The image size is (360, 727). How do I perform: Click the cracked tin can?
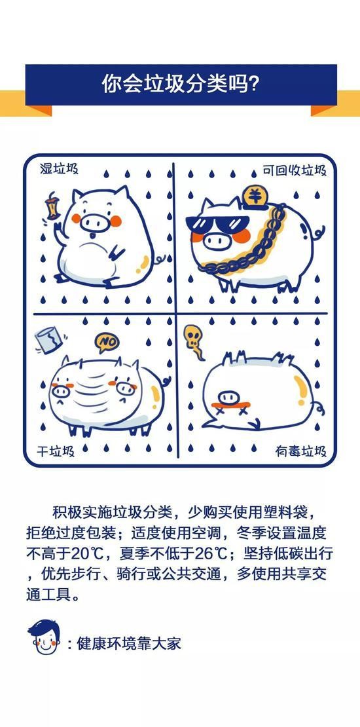[48, 340]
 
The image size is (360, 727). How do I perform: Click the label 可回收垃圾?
[294, 170]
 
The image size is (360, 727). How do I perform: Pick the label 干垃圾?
[56, 451]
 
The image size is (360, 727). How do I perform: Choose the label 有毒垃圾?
[301, 451]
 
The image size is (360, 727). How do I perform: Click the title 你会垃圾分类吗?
[180, 84]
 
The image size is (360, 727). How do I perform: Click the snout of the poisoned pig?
[229, 398]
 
